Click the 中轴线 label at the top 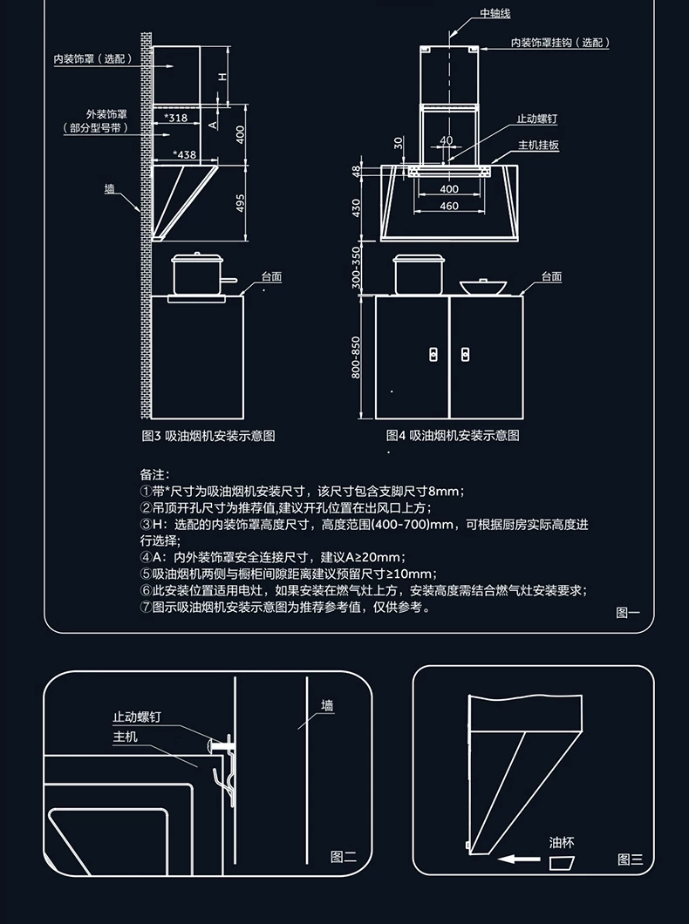coord(495,15)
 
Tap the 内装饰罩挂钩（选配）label coord(559,43)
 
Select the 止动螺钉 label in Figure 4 coord(536,119)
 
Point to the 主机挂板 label coord(538,145)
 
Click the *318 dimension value coord(175,117)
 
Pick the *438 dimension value coord(185,154)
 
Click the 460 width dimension coord(448,207)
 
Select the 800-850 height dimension coord(356,357)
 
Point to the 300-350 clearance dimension coord(356,267)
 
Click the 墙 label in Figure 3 coord(109,188)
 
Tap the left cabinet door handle coord(433,353)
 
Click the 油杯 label coord(562,843)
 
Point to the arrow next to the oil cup coord(518,859)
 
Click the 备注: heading coord(153,475)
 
